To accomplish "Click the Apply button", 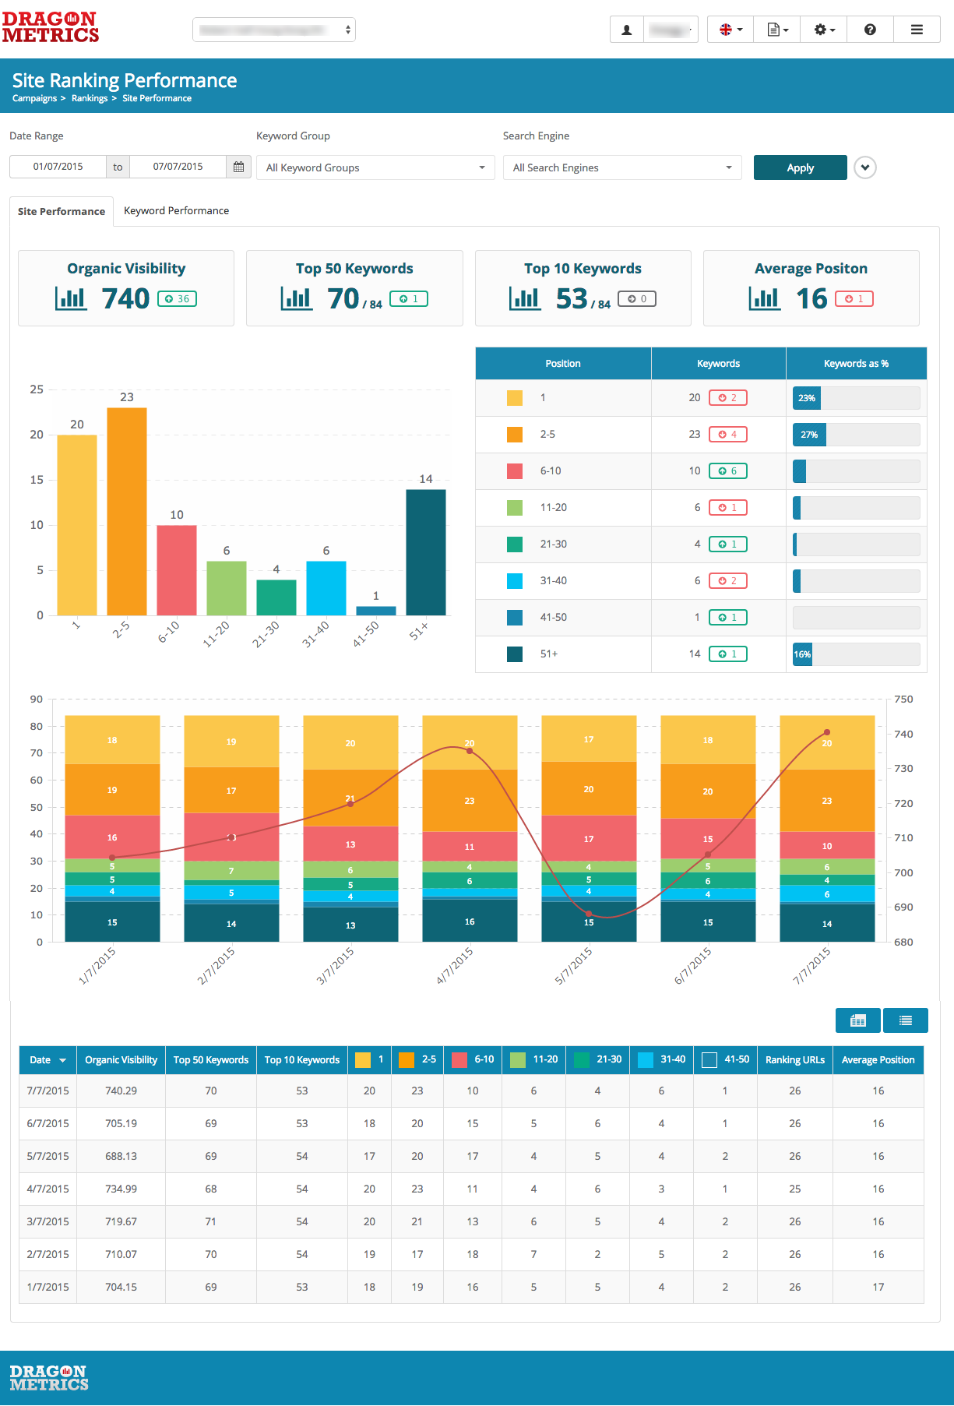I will pos(800,167).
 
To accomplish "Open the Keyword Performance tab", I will pos(176,210).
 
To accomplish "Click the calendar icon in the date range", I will pos(239,167).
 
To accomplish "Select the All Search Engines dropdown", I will pos(622,167).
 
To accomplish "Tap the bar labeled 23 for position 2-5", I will pos(127,511).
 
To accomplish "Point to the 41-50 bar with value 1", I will pos(376,611).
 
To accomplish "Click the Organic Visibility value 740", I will pos(125,298).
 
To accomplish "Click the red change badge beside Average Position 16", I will pos(854,298).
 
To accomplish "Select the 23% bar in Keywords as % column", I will pos(807,398).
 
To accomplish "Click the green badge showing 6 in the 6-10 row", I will pos(728,470).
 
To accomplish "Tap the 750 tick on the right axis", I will pos(903,699).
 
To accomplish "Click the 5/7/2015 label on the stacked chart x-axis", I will pos(573,965).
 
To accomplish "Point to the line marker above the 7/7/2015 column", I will pos(827,732).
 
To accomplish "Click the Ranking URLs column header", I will pos(794,1059).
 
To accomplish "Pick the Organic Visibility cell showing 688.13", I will pos(121,1156).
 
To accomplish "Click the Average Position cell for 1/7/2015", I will pos(878,1287).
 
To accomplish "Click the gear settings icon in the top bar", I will pos(823,30).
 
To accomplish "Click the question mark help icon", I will pos(870,30).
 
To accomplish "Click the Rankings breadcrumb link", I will pos(90,98).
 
